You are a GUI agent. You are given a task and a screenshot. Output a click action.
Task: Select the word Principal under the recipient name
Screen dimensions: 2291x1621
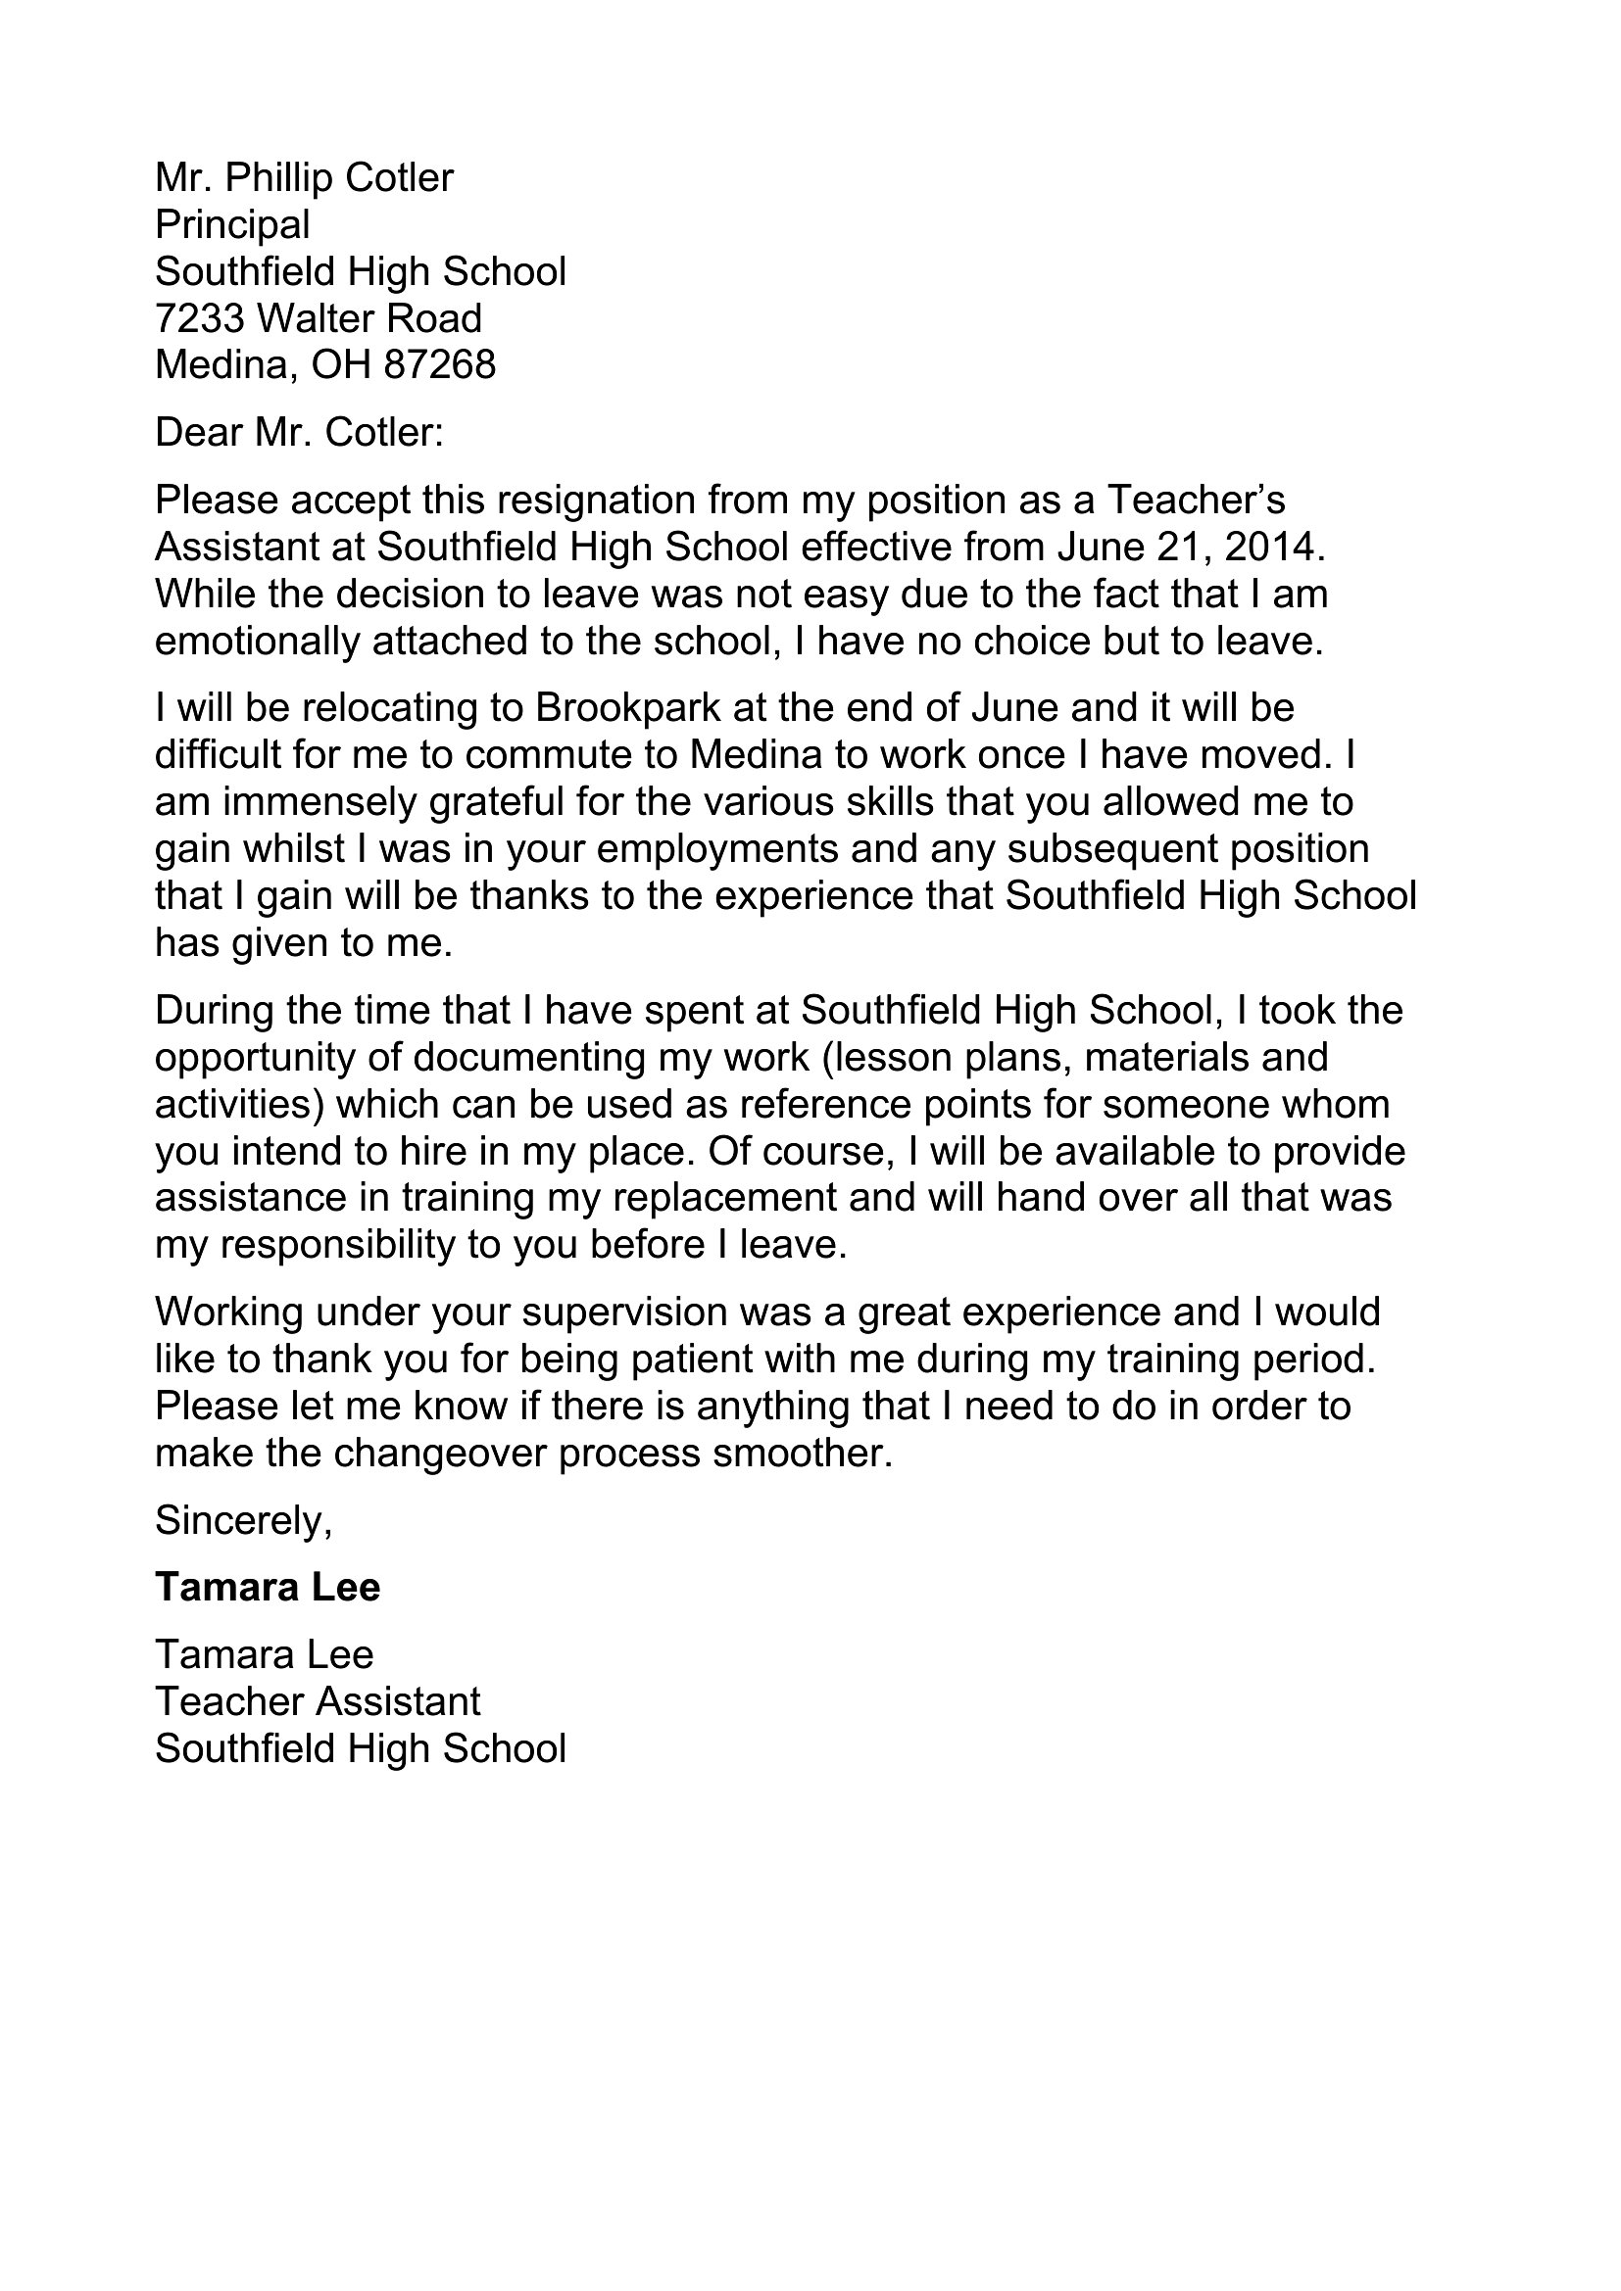click(x=232, y=225)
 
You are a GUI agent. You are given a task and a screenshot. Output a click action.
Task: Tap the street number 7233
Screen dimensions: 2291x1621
click(x=200, y=319)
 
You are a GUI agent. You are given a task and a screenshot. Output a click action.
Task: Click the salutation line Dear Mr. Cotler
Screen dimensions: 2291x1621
click(x=299, y=433)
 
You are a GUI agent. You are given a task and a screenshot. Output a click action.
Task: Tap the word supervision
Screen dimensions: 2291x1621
click(x=624, y=1313)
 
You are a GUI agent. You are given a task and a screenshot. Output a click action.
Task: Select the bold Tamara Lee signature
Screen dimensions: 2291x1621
click(x=268, y=1588)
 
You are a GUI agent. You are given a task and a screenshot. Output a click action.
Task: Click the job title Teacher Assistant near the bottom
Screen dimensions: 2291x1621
click(x=318, y=1701)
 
